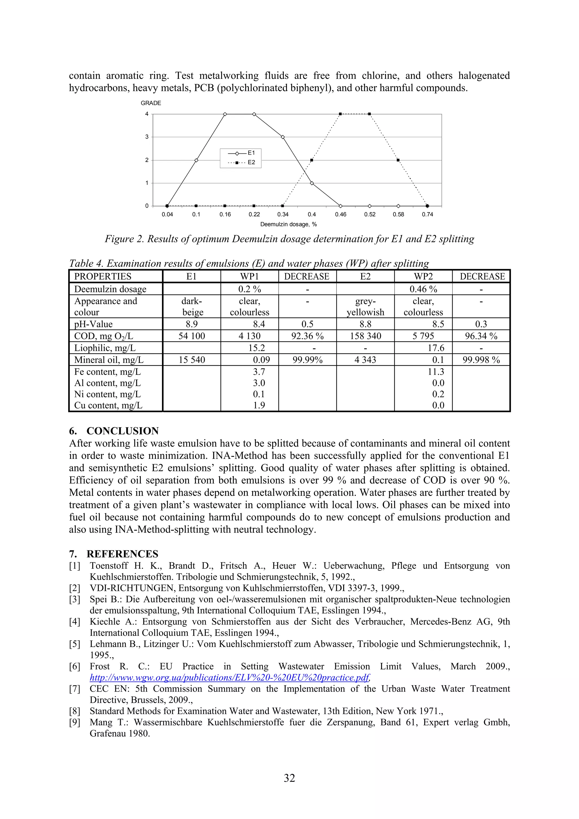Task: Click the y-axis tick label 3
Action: [x=147, y=137]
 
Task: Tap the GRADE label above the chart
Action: [x=151, y=103]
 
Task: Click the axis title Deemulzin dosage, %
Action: [x=288, y=224]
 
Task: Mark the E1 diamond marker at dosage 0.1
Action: [x=196, y=160]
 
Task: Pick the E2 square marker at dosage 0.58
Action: [x=398, y=160]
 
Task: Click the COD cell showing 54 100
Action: [x=192, y=336]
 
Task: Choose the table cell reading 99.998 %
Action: [x=481, y=360]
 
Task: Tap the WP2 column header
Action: [x=423, y=276]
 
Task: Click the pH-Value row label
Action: [x=94, y=324]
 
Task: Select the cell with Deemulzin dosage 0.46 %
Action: [x=423, y=289]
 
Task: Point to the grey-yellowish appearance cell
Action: [x=365, y=307]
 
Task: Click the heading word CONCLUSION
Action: [x=122, y=431]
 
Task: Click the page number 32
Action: [x=289, y=778]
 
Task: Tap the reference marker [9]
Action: [x=75, y=722]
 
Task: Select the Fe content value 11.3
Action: [x=436, y=372]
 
